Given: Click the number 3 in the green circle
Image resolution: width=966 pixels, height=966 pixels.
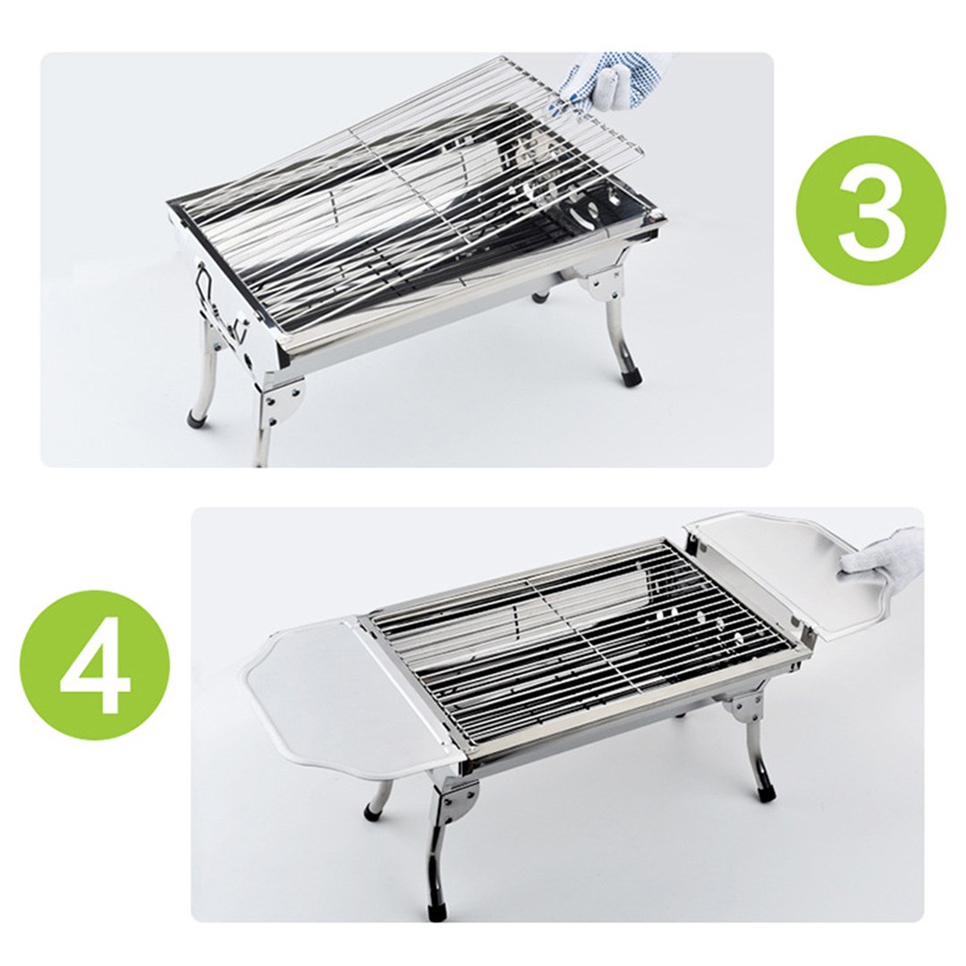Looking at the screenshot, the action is (x=870, y=207).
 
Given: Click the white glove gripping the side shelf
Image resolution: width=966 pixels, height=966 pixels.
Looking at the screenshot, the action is (x=881, y=554).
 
